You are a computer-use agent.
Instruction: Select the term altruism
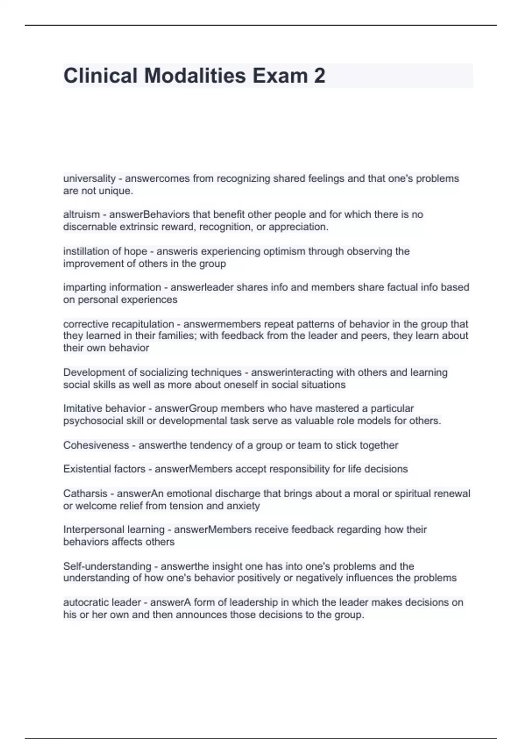81,215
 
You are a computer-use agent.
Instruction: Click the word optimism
285,251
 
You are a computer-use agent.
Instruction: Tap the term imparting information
112,287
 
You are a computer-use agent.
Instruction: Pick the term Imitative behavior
104,409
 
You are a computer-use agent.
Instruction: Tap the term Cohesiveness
96,446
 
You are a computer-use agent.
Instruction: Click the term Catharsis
85,494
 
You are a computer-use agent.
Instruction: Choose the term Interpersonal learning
114,530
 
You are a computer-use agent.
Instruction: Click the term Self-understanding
107,566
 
